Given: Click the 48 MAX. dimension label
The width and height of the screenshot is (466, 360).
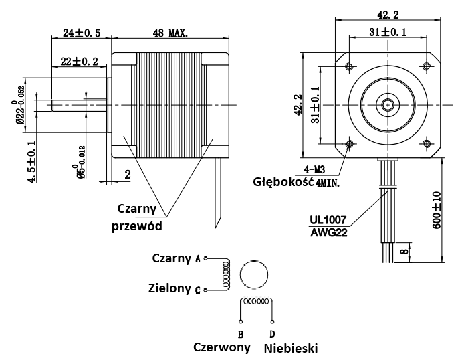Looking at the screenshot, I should click(x=170, y=32).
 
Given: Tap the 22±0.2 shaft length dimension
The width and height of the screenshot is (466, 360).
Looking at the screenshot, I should click(x=80, y=62).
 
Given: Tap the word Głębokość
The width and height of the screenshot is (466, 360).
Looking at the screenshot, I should click(x=283, y=181).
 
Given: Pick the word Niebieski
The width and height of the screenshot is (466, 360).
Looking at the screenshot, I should click(x=290, y=348).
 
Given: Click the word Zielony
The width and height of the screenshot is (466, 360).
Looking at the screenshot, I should click(x=170, y=288).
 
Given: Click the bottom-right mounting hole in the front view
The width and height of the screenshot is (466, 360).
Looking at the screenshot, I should click(x=427, y=144).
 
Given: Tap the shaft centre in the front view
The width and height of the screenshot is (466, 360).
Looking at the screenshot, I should click(x=388, y=104).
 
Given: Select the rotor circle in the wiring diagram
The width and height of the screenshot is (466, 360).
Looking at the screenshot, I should click(x=253, y=274).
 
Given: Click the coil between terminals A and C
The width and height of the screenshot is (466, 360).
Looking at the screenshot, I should click(x=226, y=274).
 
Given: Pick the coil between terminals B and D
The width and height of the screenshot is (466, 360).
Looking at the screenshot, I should click(x=255, y=302).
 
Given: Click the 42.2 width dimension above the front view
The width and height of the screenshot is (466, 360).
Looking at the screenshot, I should click(x=388, y=13).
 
